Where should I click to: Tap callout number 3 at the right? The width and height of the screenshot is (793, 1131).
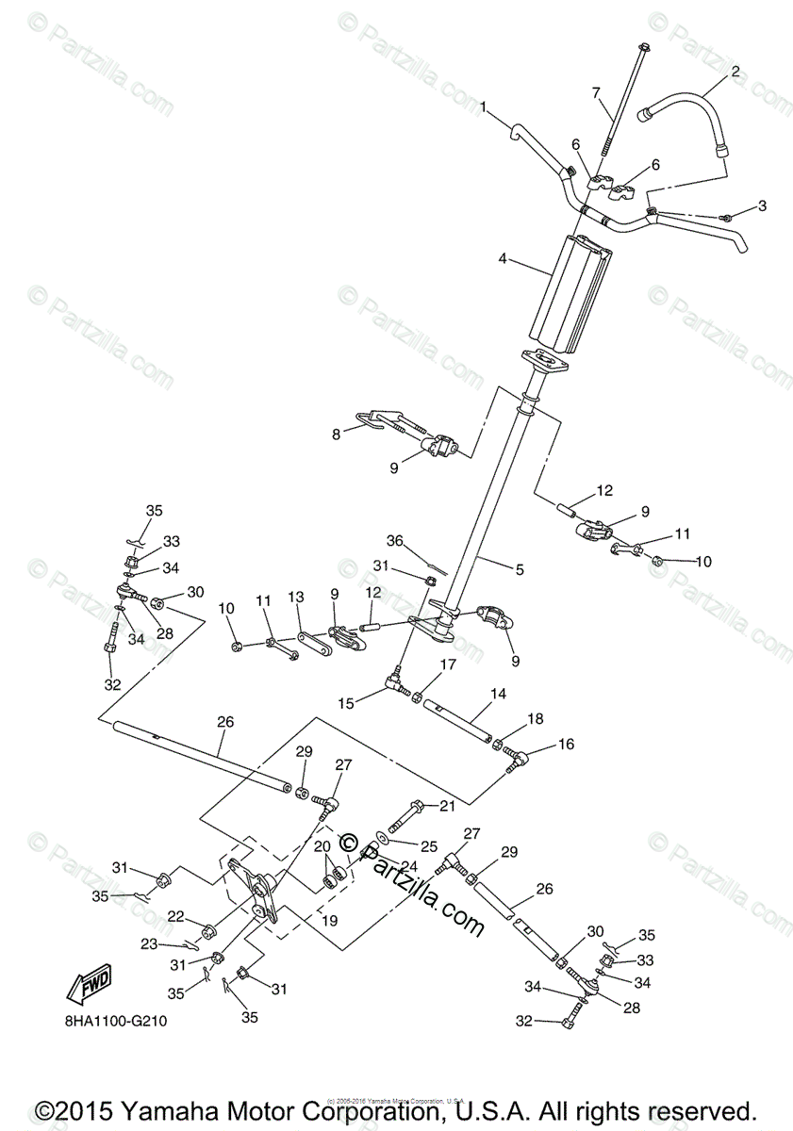[x=762, y=205]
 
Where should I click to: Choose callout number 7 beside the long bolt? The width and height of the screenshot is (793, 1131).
[x=595, y=92]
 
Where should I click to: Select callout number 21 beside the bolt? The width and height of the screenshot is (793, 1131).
[x=447, y=805]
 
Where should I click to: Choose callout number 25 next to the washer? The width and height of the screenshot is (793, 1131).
[x=429, y=846]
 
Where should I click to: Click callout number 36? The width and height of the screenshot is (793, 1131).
[x=394, y=541]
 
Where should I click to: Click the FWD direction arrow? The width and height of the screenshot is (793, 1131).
[x=88, y=987]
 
